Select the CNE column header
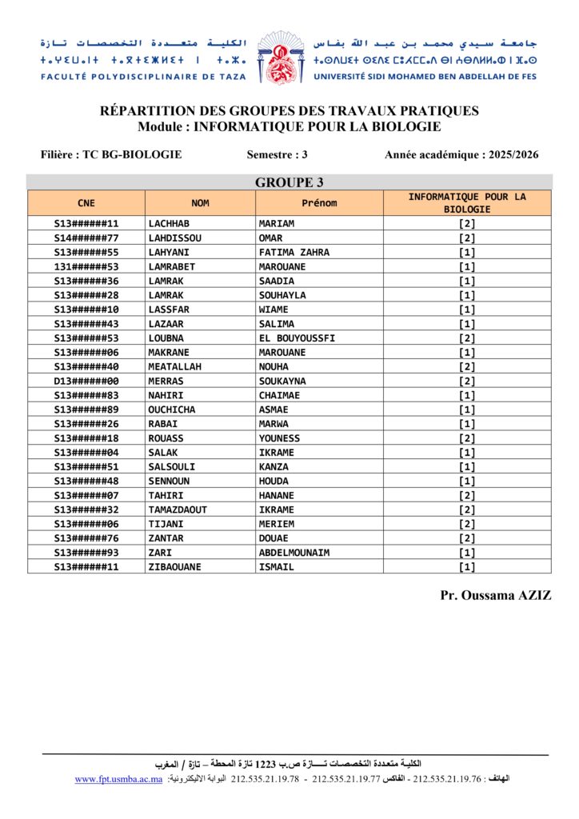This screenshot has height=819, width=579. (86, 203)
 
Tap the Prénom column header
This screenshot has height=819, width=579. (319, 203)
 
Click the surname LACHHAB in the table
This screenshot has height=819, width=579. (169, 224)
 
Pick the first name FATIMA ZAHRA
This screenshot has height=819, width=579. (293, 253)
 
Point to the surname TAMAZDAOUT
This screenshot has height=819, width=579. (178, 510)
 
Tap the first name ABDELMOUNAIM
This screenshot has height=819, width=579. (293, 553)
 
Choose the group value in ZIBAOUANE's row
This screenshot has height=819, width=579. (467, 568)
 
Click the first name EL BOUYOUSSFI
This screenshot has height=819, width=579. (297, 338)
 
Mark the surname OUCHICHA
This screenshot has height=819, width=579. (171, 410)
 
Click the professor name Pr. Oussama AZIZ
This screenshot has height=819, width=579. (495, 596)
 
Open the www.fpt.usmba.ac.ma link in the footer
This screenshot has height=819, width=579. (118, 779)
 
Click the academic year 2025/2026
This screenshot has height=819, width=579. (461, 154)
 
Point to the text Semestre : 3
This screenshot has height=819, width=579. (278, 154)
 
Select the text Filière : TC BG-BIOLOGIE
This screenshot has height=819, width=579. (111, 154)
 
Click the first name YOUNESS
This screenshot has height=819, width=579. (279, 439)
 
